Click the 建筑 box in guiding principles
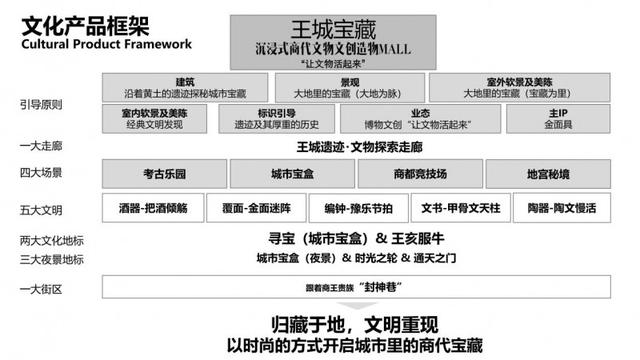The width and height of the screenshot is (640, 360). (x=185, y=87)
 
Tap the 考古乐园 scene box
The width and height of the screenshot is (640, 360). (x=151, y=174)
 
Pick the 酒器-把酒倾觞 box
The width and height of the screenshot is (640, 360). (x=151, y=208)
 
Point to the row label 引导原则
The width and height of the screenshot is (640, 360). (x=39, y=103)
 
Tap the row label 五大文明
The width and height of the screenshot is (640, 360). (x=40, y=209)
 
